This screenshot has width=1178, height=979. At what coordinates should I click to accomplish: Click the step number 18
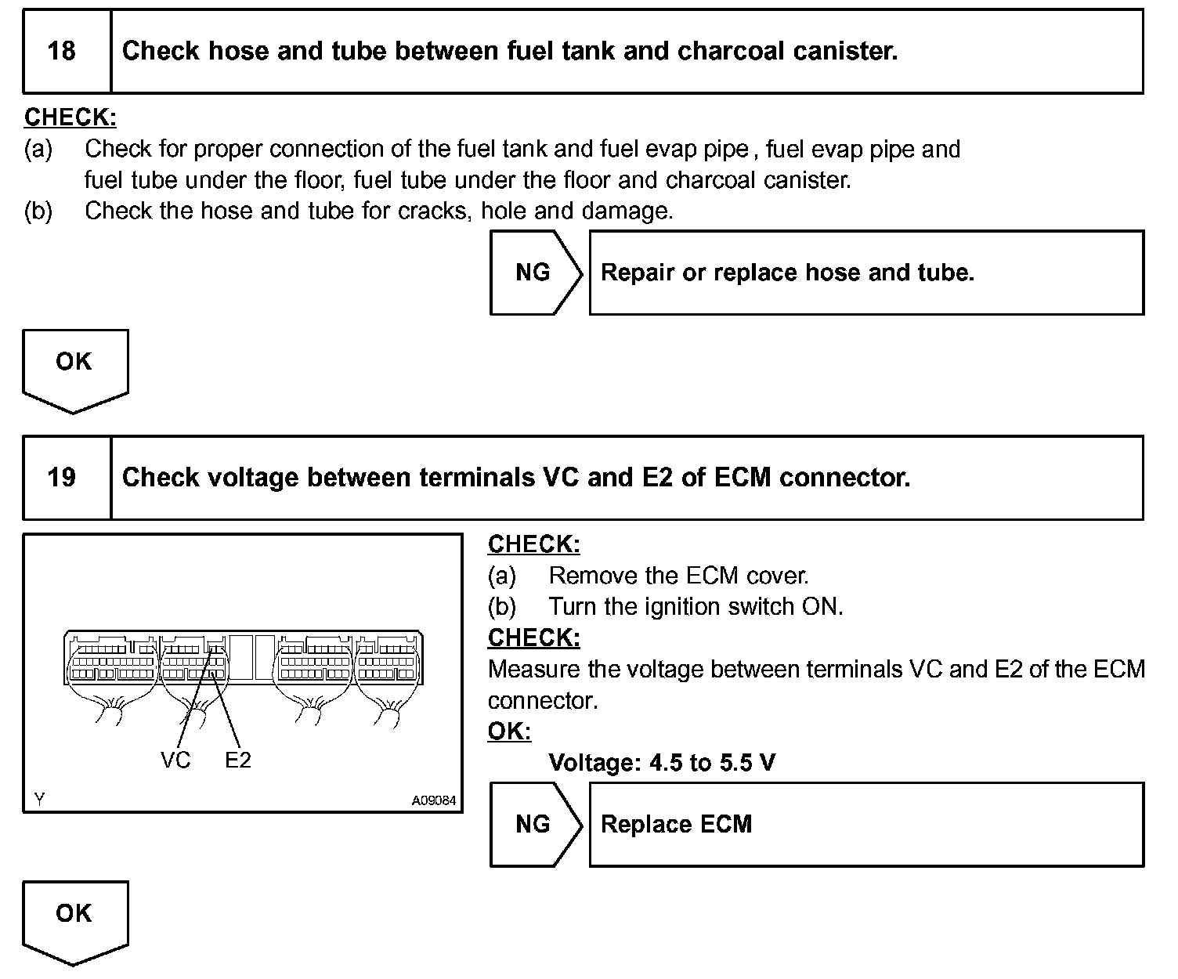point(62,52)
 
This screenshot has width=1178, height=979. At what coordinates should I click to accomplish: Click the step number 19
point(62,478)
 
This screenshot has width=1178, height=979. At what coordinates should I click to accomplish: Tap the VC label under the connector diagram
point(175,760)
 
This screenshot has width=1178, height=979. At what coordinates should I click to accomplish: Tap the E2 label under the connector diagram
point(238,760)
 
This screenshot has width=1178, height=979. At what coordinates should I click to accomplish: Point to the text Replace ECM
point(676,824)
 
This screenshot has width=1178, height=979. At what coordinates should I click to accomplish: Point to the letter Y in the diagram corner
point(40,799)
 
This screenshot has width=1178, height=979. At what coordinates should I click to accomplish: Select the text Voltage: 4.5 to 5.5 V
point(662,762)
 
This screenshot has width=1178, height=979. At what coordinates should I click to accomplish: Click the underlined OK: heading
point(509,732)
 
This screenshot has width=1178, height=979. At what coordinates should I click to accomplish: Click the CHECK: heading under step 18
point(70,117)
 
